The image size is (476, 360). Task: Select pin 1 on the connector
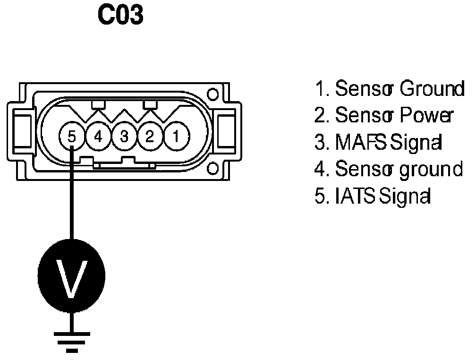pos(175,137)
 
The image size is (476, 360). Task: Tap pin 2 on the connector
pos(150,137)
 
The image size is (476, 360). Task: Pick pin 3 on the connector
pos(124,137)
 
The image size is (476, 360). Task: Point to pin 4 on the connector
pos(98,137)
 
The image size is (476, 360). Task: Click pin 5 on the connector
pos(72,137)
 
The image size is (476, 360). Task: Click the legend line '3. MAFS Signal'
pos(379,142)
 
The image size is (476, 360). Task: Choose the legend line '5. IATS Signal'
pos(373,195)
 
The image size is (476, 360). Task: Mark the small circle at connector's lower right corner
pos(213,168)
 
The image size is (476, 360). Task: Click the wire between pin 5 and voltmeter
pos(72,198)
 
